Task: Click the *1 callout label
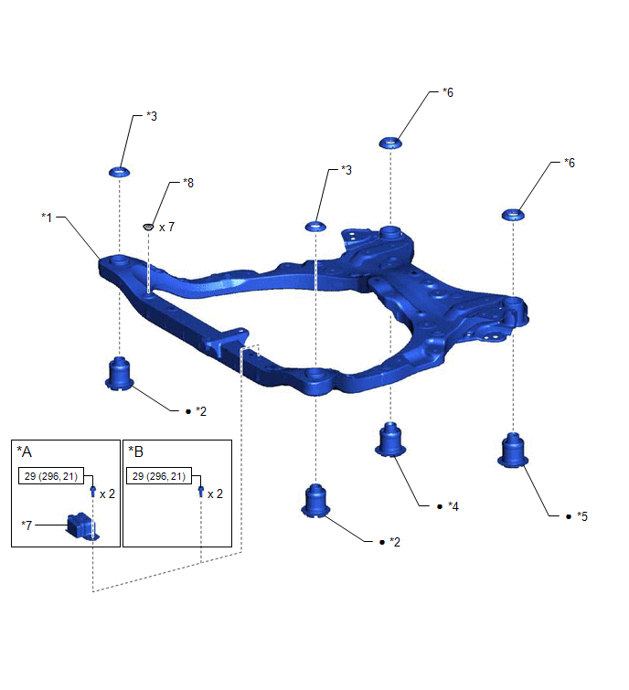click(x=47, y=217)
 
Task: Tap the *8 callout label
click(x=188, y=183)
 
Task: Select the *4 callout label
click(x=453, y=506)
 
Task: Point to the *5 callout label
click(x=581, y=516)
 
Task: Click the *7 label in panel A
click(x=27, y=525)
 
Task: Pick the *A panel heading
click(x=24, y=451)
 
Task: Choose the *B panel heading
click(x=135, y=451)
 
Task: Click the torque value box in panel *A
click(x=51, y=476)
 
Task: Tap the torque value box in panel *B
click(x=159, y=476)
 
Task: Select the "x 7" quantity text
click(x=166, y=227)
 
